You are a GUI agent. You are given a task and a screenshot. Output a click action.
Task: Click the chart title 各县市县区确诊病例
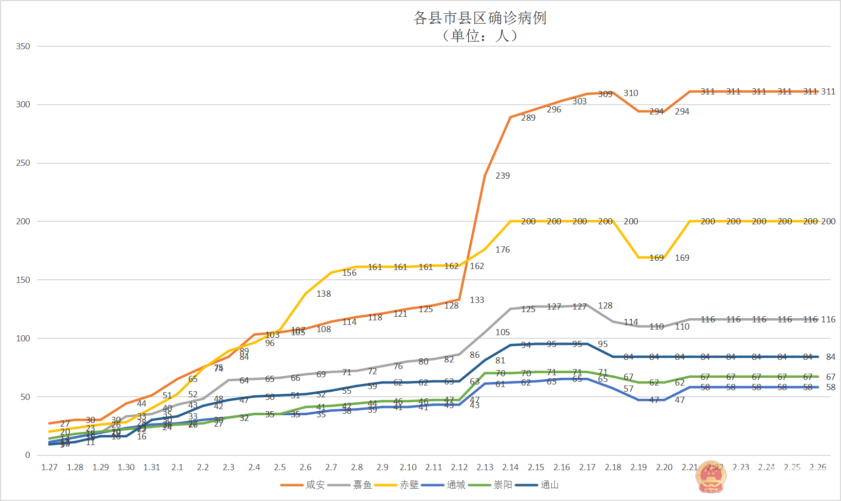pos(479,18)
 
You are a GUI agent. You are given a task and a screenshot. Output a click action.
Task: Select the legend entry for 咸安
pos(315,485)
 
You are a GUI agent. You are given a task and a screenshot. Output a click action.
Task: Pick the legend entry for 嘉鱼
pos(362,485)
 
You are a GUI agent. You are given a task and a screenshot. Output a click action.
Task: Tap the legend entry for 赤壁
pos(409,485)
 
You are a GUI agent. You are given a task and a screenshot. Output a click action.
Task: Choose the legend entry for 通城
pos(456,485)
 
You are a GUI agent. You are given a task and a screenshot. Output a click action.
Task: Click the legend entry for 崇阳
pos(503,485)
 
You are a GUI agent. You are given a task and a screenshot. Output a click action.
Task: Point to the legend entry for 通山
pos(549,485)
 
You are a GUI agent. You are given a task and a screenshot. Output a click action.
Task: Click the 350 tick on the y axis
pos(23,46)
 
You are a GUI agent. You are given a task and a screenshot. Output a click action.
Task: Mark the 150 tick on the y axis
pos(23,280)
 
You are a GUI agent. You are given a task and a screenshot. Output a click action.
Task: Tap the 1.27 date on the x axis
pos(49,467)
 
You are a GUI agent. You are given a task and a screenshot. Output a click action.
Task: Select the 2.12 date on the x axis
pos(459,467)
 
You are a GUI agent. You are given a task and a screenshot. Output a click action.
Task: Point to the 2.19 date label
pos(638,467)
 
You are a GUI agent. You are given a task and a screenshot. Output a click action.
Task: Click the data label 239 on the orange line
pos(503,176)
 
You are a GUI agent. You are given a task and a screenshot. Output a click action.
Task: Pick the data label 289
pos(528,118)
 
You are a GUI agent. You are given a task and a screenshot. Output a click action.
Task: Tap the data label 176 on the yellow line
pos(503,249)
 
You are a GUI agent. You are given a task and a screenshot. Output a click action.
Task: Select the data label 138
pos(324,294)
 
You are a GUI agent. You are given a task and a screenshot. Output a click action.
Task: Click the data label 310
pos(631,93)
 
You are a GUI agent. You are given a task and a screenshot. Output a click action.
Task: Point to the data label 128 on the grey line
pos(605,305)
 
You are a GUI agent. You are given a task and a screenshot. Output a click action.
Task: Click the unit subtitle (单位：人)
pos(479,35)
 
